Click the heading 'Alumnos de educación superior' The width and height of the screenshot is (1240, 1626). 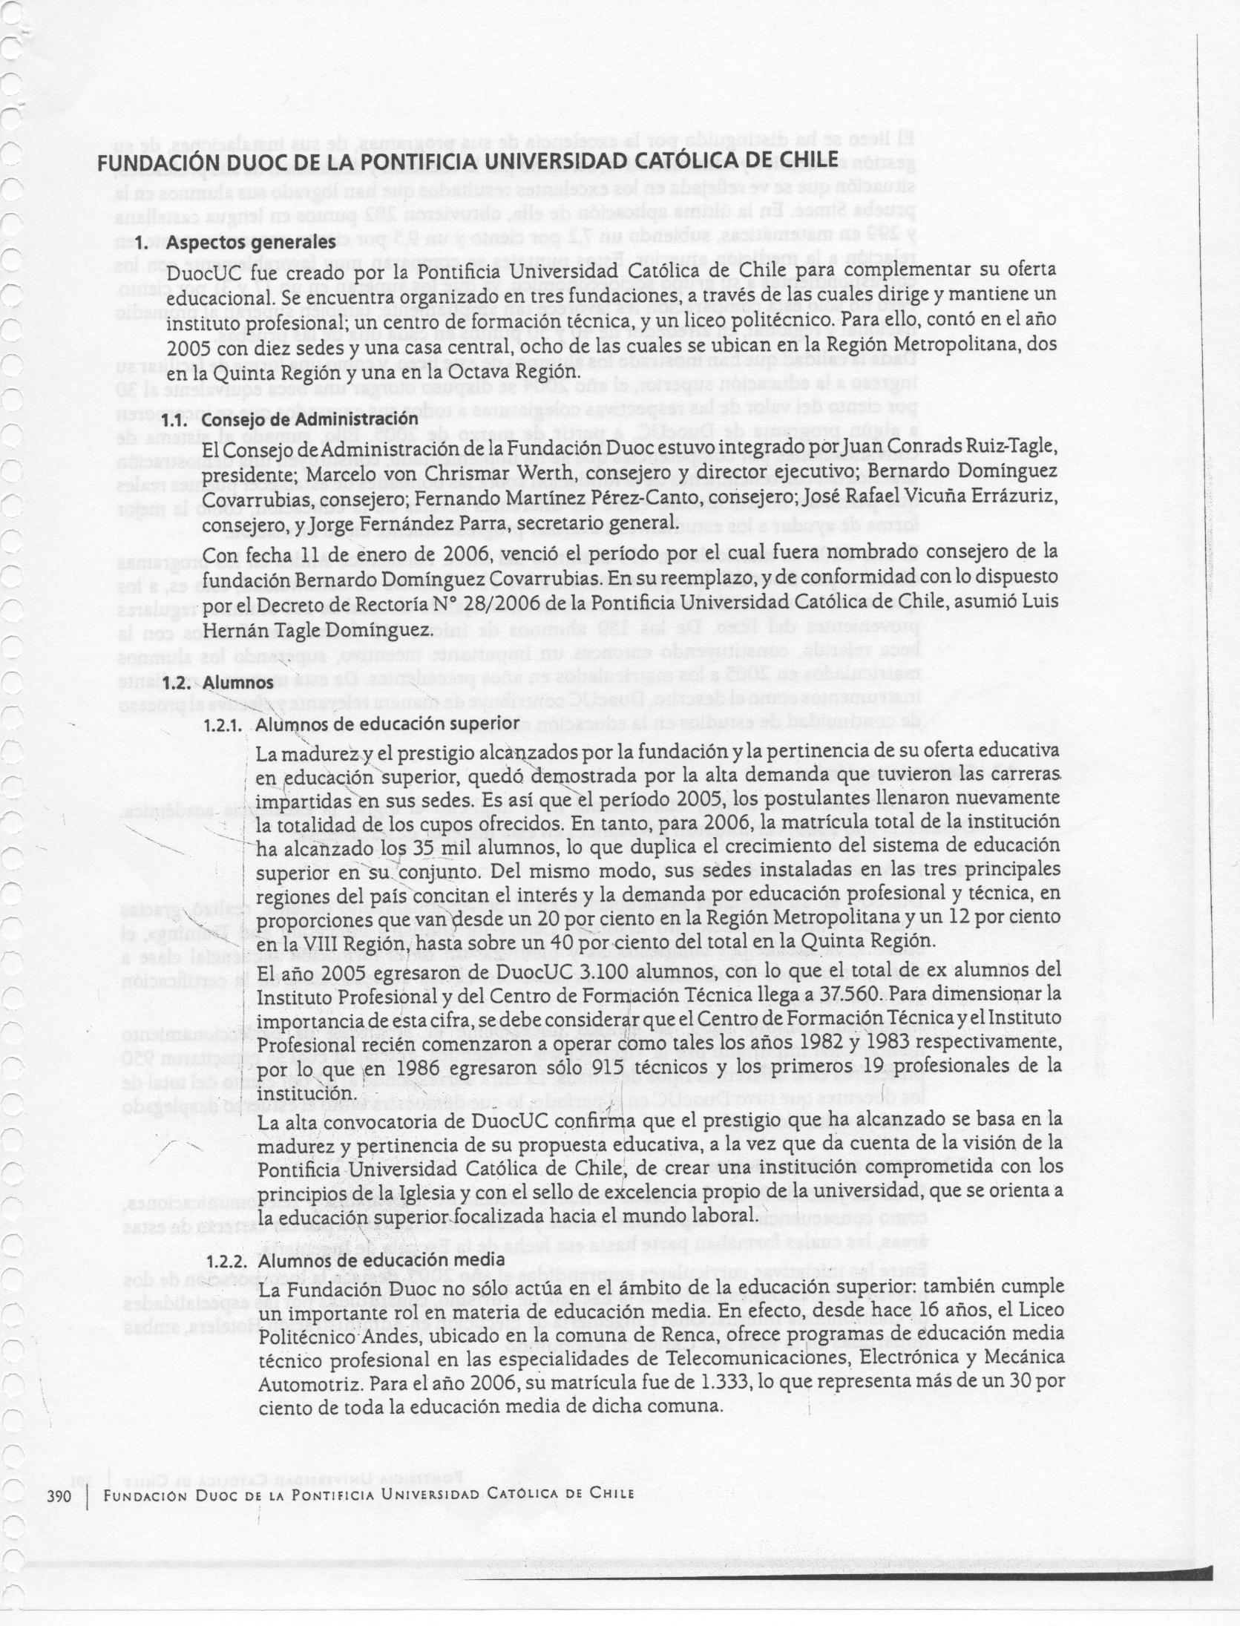386,723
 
